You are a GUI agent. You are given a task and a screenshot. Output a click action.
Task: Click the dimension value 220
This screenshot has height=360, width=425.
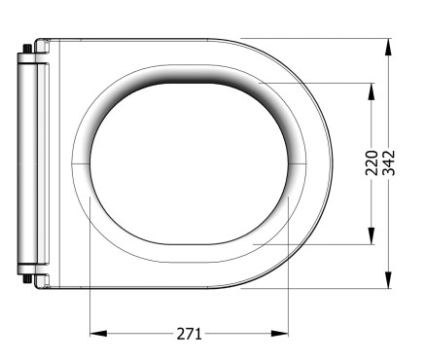coord(371,162)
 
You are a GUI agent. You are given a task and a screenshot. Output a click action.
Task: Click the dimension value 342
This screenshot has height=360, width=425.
coord(388,162)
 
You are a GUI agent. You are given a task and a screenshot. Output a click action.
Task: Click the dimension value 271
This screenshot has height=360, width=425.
coord(190,334)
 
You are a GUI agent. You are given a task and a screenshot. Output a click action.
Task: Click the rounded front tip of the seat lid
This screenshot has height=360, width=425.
coord(331,162)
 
